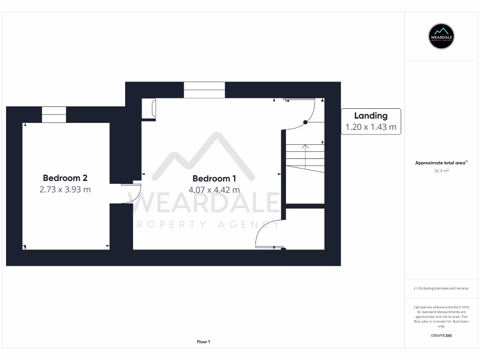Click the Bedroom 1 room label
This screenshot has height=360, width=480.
click(x=214, y=179)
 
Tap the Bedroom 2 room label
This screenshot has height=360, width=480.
click(x=65, y=178)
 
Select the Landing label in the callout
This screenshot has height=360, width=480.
click(x=371, y=116)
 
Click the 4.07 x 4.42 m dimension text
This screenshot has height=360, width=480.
click(x=214, y=190)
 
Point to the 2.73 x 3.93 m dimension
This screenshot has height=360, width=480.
click(x=65, y=189)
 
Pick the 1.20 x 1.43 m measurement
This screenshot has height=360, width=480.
click(x=371, y=127)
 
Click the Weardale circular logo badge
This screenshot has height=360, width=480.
click(x=442, y=36)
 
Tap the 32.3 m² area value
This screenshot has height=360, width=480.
click(x=442, y=171)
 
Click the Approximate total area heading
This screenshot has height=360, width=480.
click(x=441, y=163)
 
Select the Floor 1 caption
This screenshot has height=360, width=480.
click(x=203, y=342)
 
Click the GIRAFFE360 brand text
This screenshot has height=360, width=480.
click(x=442, y=336)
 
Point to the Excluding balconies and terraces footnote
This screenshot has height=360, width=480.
click(x=441, y=288)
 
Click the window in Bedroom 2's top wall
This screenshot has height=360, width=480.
click(x=54, y=115)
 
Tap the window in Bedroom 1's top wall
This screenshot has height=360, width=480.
click(x=204, y=90)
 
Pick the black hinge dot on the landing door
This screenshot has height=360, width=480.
click(x=305, y=122)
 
